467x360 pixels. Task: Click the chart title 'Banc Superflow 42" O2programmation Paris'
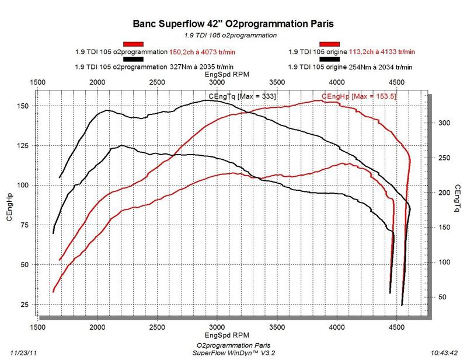click(x=233, y=25)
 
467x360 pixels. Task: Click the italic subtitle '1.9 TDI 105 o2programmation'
click(x=233, y=35)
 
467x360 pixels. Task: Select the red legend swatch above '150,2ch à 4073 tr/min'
click(x=134, y=44)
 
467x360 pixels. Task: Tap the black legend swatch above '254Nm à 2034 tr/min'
click(x=329, y=58)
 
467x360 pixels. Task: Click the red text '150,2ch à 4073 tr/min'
click(x=201, y=51)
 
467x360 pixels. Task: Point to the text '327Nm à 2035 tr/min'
click(x=201, y=66)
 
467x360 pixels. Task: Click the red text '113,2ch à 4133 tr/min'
click(x=382, y=51)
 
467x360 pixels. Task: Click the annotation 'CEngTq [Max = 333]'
click(x=242, y=96)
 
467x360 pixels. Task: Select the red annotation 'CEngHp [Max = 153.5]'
click(x=358, y=96)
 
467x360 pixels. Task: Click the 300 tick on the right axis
click(x=445, y=123)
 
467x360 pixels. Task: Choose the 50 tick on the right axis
click(x=443, y=298)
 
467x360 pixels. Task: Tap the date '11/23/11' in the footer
click(x=25, y=352)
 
